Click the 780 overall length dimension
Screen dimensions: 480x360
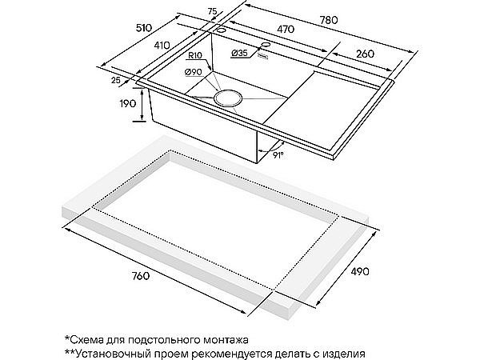click(x=329, y=20)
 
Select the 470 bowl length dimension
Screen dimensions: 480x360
click(x=286, y=29)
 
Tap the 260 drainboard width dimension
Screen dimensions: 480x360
click(x=365, y=54)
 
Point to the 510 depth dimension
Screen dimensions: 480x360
click(x=143, y=28)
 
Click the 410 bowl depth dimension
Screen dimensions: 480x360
click(x=162, y=46)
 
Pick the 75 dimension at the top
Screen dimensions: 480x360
click(x=212, y=12)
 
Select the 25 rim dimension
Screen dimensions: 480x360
click(x=116, y=80)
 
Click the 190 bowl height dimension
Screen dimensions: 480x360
click(x=128, y=103)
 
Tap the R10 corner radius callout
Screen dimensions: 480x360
click(x=195, y=56)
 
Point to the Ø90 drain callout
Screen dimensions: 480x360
click(x=193, y=72)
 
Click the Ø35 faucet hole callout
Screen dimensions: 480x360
click(x=239, y=53)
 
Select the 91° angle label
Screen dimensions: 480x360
click(x=278, y=155)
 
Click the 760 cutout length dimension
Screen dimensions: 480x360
click(x=141, y=276)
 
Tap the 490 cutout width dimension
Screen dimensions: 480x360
click(x=360, y=271)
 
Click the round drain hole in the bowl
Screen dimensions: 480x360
click(x=228, y=98)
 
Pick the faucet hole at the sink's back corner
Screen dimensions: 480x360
click(x=221, y=30)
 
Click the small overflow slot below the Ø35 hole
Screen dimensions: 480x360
click(x=263, y=56)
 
